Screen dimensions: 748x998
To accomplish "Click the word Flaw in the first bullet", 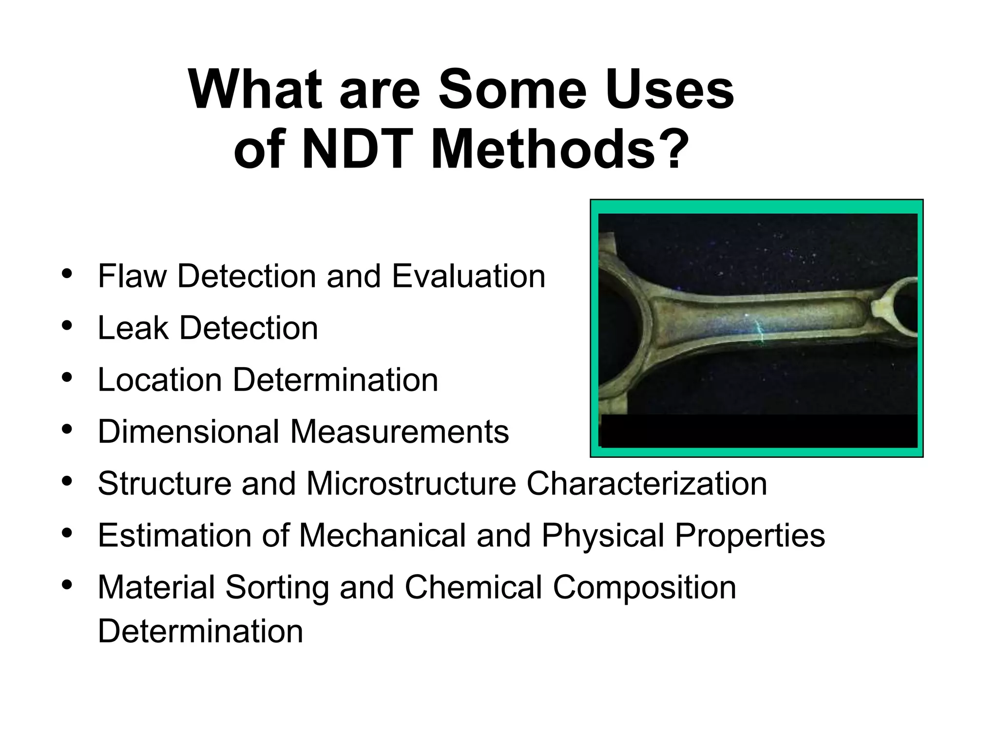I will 132,276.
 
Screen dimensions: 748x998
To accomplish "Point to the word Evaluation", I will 468,276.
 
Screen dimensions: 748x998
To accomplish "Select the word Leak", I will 133,328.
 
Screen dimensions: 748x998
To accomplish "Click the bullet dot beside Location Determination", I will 67,377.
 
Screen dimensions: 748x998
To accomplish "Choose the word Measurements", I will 400,431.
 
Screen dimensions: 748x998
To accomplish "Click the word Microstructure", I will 411,484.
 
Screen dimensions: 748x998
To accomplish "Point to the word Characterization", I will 647,484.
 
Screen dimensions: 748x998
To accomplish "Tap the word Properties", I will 750,535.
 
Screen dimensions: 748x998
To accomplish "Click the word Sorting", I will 277,587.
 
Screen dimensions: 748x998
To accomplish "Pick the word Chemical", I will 473,587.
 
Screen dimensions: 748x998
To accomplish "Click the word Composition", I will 644,587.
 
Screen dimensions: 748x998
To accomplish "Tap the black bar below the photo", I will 759,431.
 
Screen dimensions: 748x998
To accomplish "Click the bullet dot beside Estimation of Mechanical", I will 67,533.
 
